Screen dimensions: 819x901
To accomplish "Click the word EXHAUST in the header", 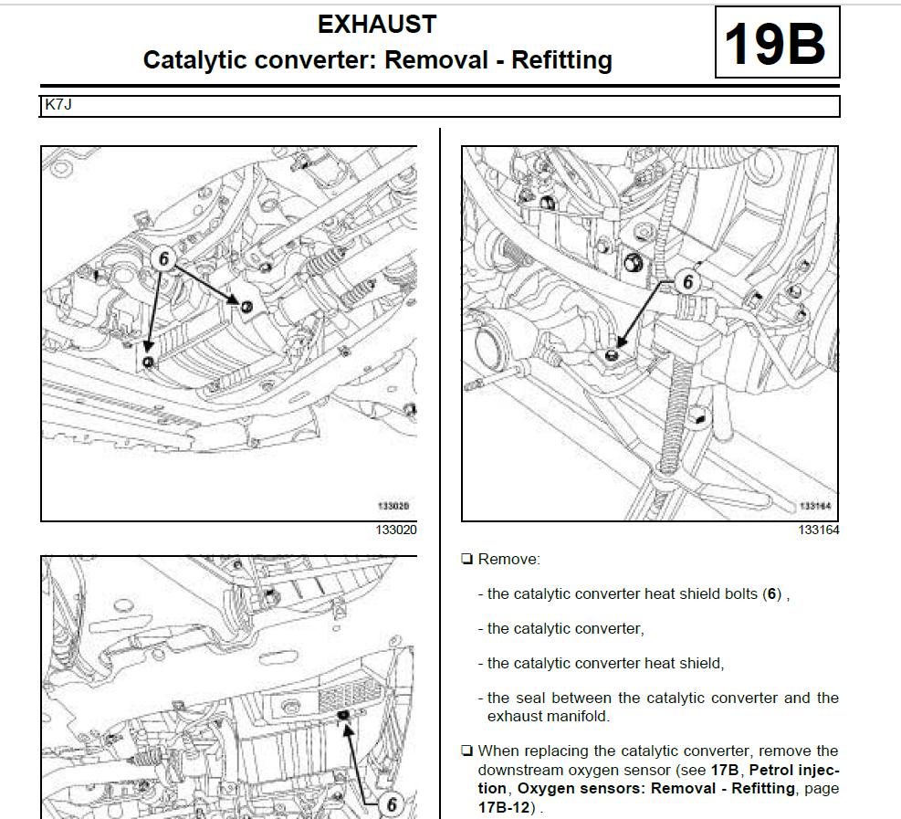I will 377,25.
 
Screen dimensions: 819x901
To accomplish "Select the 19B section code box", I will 776,43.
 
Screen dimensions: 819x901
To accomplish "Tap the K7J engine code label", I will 58,106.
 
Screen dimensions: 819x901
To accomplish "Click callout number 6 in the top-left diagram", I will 164,259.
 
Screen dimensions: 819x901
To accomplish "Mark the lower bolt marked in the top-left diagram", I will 150,362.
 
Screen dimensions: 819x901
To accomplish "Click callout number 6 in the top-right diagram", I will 688,282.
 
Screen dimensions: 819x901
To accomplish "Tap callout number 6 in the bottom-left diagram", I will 392,803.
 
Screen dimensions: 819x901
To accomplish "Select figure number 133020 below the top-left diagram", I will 395,530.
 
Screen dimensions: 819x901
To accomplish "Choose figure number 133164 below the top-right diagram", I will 818,530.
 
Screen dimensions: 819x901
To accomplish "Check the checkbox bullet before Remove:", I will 467,559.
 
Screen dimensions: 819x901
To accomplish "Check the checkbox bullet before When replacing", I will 467,751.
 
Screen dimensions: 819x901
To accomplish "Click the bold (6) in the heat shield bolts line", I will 772,594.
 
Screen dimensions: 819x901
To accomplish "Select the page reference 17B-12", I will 504,808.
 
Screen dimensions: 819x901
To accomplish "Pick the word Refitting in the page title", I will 561,60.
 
